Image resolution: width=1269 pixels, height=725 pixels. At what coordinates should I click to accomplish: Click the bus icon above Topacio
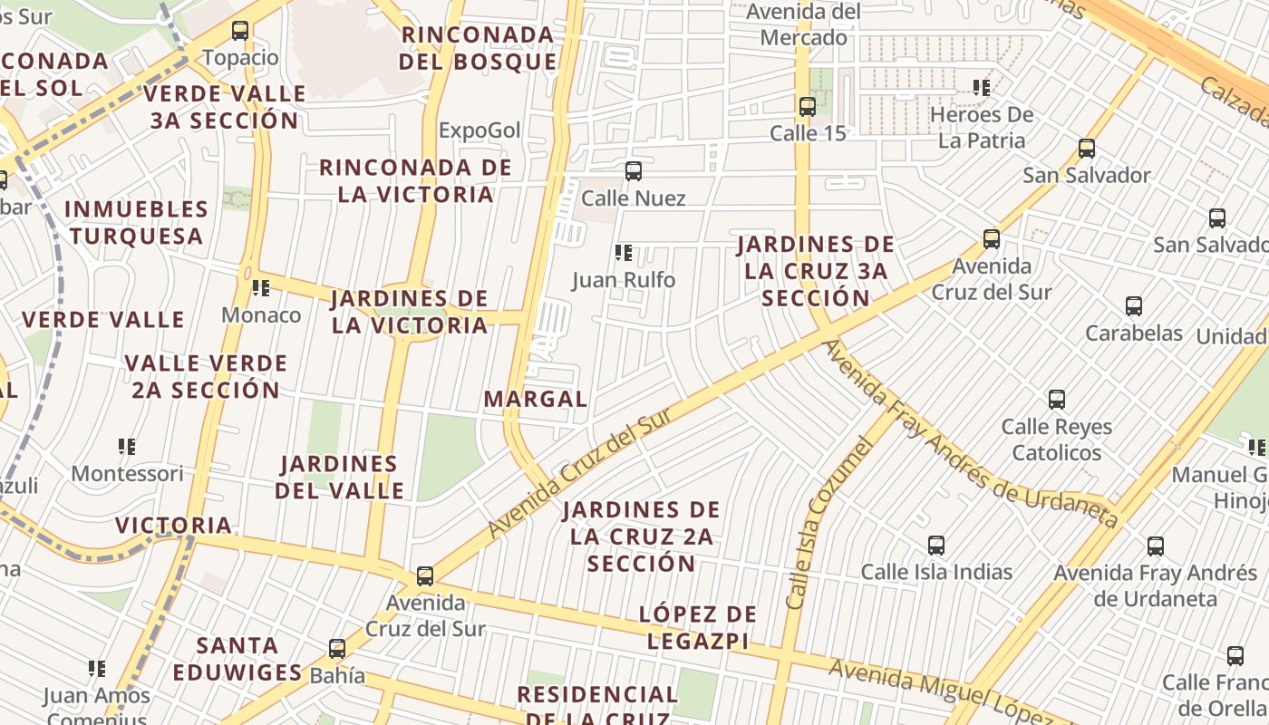click(x=240, y=31)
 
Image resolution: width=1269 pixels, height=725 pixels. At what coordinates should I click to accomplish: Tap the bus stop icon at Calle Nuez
click(x=634, y=170)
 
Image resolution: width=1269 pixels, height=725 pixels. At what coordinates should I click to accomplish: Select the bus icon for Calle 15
click(x=808, y=106)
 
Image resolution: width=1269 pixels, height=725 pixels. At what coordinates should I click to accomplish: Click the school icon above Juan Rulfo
click(x=623, y=253)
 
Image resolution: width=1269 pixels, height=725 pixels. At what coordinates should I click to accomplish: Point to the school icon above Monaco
click(x=261, y=288)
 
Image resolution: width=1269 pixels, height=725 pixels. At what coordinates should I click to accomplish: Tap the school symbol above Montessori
click(x=127, y=447)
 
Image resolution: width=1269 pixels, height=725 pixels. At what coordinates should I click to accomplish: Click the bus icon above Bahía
click(x=337, y=649)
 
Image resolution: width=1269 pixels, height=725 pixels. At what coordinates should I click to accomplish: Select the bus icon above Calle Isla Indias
click(x=936, y=546)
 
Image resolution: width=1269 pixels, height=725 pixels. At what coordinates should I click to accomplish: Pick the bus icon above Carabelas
click(x=1134, y=306)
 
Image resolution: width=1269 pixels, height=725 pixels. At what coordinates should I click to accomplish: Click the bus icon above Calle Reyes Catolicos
click(x=1057, y=400)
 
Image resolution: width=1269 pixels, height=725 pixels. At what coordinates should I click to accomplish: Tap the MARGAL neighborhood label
click(x=536, y=399)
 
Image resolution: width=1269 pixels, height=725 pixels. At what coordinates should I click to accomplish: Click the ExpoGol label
click(x=480, y=130)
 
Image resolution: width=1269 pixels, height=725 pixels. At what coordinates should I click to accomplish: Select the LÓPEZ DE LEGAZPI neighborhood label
click(x=698, y=627)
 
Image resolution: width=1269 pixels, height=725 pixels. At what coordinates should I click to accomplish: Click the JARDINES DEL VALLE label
click(x=340, y=478)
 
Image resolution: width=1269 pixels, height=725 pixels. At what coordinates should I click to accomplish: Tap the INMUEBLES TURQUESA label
click(x=136, y=222)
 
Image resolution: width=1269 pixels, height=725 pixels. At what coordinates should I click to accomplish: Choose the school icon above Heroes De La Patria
click(x=982, y=88)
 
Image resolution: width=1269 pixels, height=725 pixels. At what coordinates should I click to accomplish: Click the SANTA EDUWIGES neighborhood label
click(x=237, y=659)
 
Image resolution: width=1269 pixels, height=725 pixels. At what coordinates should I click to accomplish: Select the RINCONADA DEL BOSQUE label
click(x=478, y=48)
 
